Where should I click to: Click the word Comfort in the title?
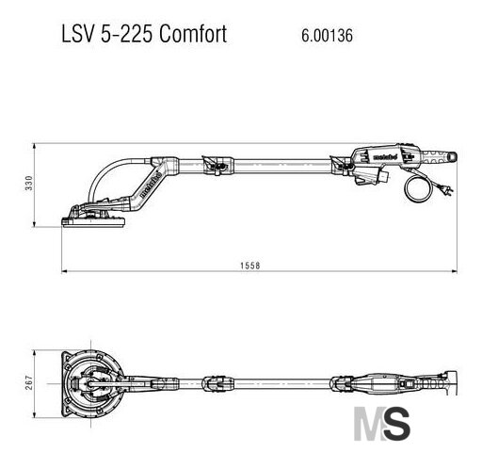193,34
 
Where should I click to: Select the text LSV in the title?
78,34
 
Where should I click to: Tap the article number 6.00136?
327,35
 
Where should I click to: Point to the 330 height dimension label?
29,183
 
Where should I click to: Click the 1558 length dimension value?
250,266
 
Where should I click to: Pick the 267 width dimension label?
29,382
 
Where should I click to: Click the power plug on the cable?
447,188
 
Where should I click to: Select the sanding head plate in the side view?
93,221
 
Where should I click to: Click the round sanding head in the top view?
91,383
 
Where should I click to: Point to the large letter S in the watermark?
396,424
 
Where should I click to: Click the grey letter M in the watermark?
369,424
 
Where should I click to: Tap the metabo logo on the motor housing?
385,156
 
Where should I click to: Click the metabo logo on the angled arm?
151,185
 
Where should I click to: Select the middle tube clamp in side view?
218,165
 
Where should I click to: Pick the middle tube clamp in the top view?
218,383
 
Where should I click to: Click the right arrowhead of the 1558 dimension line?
454,271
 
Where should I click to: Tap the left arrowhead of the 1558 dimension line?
65,271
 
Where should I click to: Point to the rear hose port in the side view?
452,156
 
